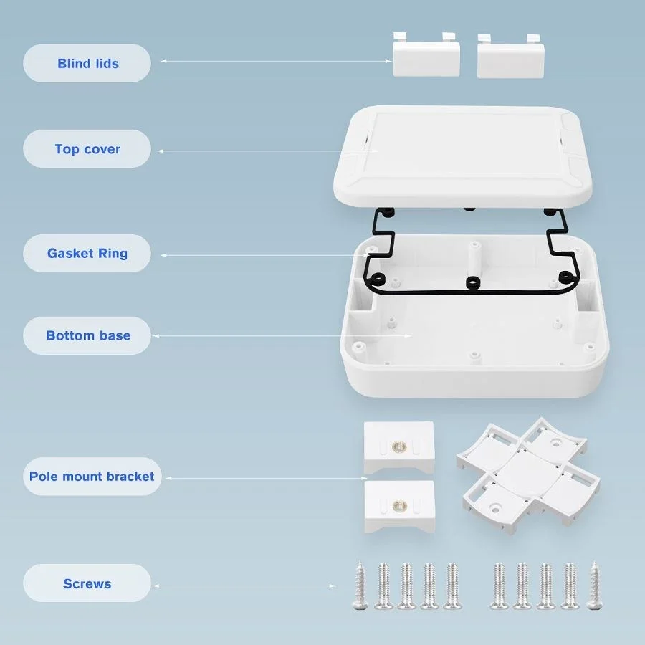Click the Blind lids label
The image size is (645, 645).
(87, 63)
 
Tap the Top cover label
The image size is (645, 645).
(87, 149)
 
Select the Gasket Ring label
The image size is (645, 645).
(87, 253)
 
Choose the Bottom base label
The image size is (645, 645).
(87, 335)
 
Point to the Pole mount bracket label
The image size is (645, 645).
(91, 477)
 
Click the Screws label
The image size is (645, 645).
(87, 583)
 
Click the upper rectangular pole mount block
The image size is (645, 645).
(398, 447)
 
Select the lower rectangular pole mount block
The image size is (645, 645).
(399, 505)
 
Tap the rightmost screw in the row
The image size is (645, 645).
(593, 586)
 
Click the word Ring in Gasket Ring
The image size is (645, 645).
(112, 253)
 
